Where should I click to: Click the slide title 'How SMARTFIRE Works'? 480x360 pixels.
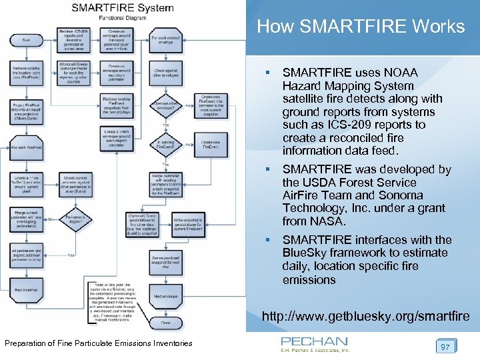coord(361,27)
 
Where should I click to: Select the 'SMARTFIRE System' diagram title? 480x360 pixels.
coord(122,9)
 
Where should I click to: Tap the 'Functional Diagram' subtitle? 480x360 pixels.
coord(122,19)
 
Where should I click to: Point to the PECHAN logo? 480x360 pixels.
coord(314,343)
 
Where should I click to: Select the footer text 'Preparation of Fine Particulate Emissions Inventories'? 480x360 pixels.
coord(99,343)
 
